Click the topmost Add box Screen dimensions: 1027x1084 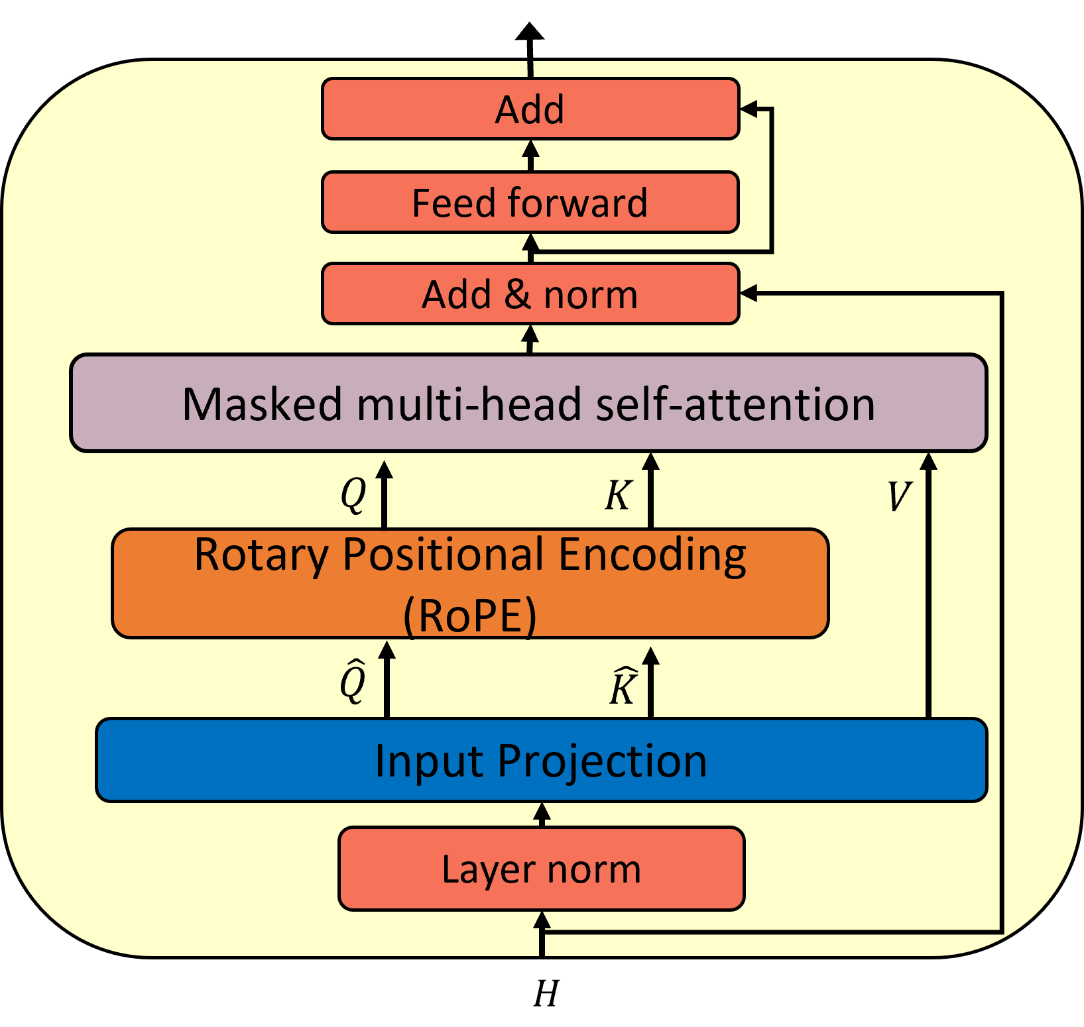pyautogui.click(x=530, y=109)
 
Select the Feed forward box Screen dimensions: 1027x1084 pyautogui.click(x=530, y=202)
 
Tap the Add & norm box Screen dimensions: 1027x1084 pyautogui.click(x=530, y=294)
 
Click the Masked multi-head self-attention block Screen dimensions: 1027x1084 pyautogui.click(x=528, y=403)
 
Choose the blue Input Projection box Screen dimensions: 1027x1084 pyautogui.click(x=541, y=760)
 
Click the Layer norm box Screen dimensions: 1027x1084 pyautogui.click(x=541, y=869)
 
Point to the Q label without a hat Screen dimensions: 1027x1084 pyautogui.click(x=353, y=494)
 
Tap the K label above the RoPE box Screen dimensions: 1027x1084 pyautogui.click(x=618, y=495)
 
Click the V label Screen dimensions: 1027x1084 pyautogui.click(x=899, y=496)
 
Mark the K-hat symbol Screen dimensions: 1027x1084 pyautogui.click(x=623, y=687)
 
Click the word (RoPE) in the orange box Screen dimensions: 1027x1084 pyautogui.click(x=469, y=616)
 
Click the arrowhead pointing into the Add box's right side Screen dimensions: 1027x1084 pyautogui.click(x=748, y=109)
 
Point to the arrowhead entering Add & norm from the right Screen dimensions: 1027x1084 pyautogui.click(x=748, y=293)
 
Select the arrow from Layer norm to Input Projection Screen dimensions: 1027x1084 pyautogui.click(x=542, y=814)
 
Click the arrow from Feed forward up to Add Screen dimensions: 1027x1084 pyautogui.click(x=530, y=154)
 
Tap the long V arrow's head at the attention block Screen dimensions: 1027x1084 pyautogui.click(x=928, y=460)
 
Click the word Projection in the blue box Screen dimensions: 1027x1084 pyautogui.click(x=602, y=761)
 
